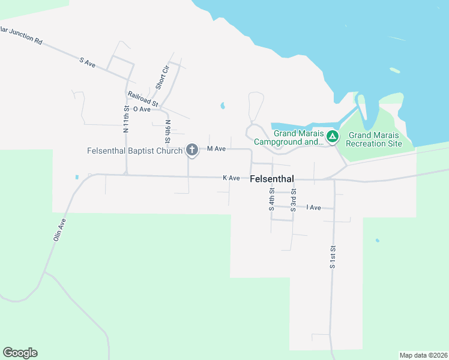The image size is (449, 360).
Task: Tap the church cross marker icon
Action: [192, 149]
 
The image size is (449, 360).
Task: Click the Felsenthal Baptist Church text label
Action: [134, 151]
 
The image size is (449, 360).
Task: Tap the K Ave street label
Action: [231, 178]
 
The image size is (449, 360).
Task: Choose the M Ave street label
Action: [216, 149]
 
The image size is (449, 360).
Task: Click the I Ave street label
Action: [313, 208]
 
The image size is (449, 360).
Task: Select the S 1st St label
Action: [332, 256]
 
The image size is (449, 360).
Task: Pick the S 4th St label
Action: [271, 199]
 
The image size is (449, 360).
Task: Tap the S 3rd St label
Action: [293, 201]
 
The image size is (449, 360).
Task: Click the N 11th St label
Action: [126, 119]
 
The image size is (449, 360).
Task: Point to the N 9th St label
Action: [168, 131]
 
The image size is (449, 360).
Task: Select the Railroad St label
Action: [142, 99]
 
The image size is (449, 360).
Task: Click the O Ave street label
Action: [142, 109]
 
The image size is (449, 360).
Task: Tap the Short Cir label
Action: [163, 77]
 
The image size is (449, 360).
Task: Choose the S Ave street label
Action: [88, 62]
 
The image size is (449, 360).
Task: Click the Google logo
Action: [20, 353]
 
